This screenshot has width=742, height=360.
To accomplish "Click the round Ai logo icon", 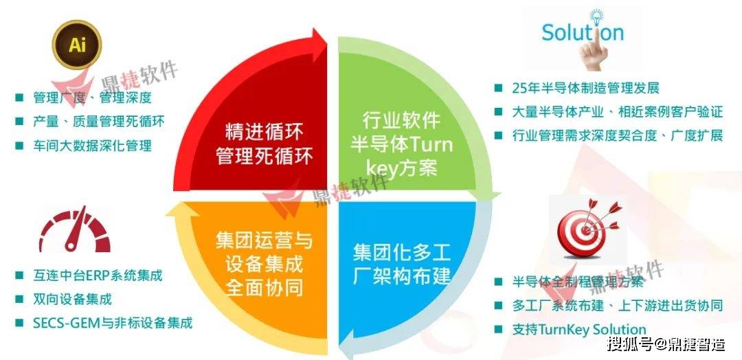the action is (x=77, y=45).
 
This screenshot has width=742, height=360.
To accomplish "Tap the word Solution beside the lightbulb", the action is (x=583, y=32).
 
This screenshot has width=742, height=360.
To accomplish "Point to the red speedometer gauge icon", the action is (x=74, y=229).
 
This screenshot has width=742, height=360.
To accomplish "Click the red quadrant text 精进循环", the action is (x=265, y=132).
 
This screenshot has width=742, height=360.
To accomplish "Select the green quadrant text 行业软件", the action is (x=401, y=120).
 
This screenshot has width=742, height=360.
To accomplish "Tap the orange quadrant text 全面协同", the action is (x=264, y=288).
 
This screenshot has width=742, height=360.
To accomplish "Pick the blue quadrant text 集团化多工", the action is (x=402, y=253).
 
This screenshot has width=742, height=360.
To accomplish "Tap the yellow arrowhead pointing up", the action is (x=181, y=208).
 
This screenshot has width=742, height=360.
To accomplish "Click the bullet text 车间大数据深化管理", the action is (x=92, y=145).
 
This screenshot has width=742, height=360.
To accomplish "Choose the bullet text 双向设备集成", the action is (x=72, y=299).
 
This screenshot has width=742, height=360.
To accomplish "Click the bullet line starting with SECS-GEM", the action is (x=113, y=324).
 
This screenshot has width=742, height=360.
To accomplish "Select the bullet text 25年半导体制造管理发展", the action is (x=585, y=88).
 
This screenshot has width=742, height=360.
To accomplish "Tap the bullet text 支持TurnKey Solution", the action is (x=578, y=330).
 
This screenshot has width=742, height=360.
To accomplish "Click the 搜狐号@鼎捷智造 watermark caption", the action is (x=666, y=344).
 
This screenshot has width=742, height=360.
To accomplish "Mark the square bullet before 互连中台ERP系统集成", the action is (x=19, y=275).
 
